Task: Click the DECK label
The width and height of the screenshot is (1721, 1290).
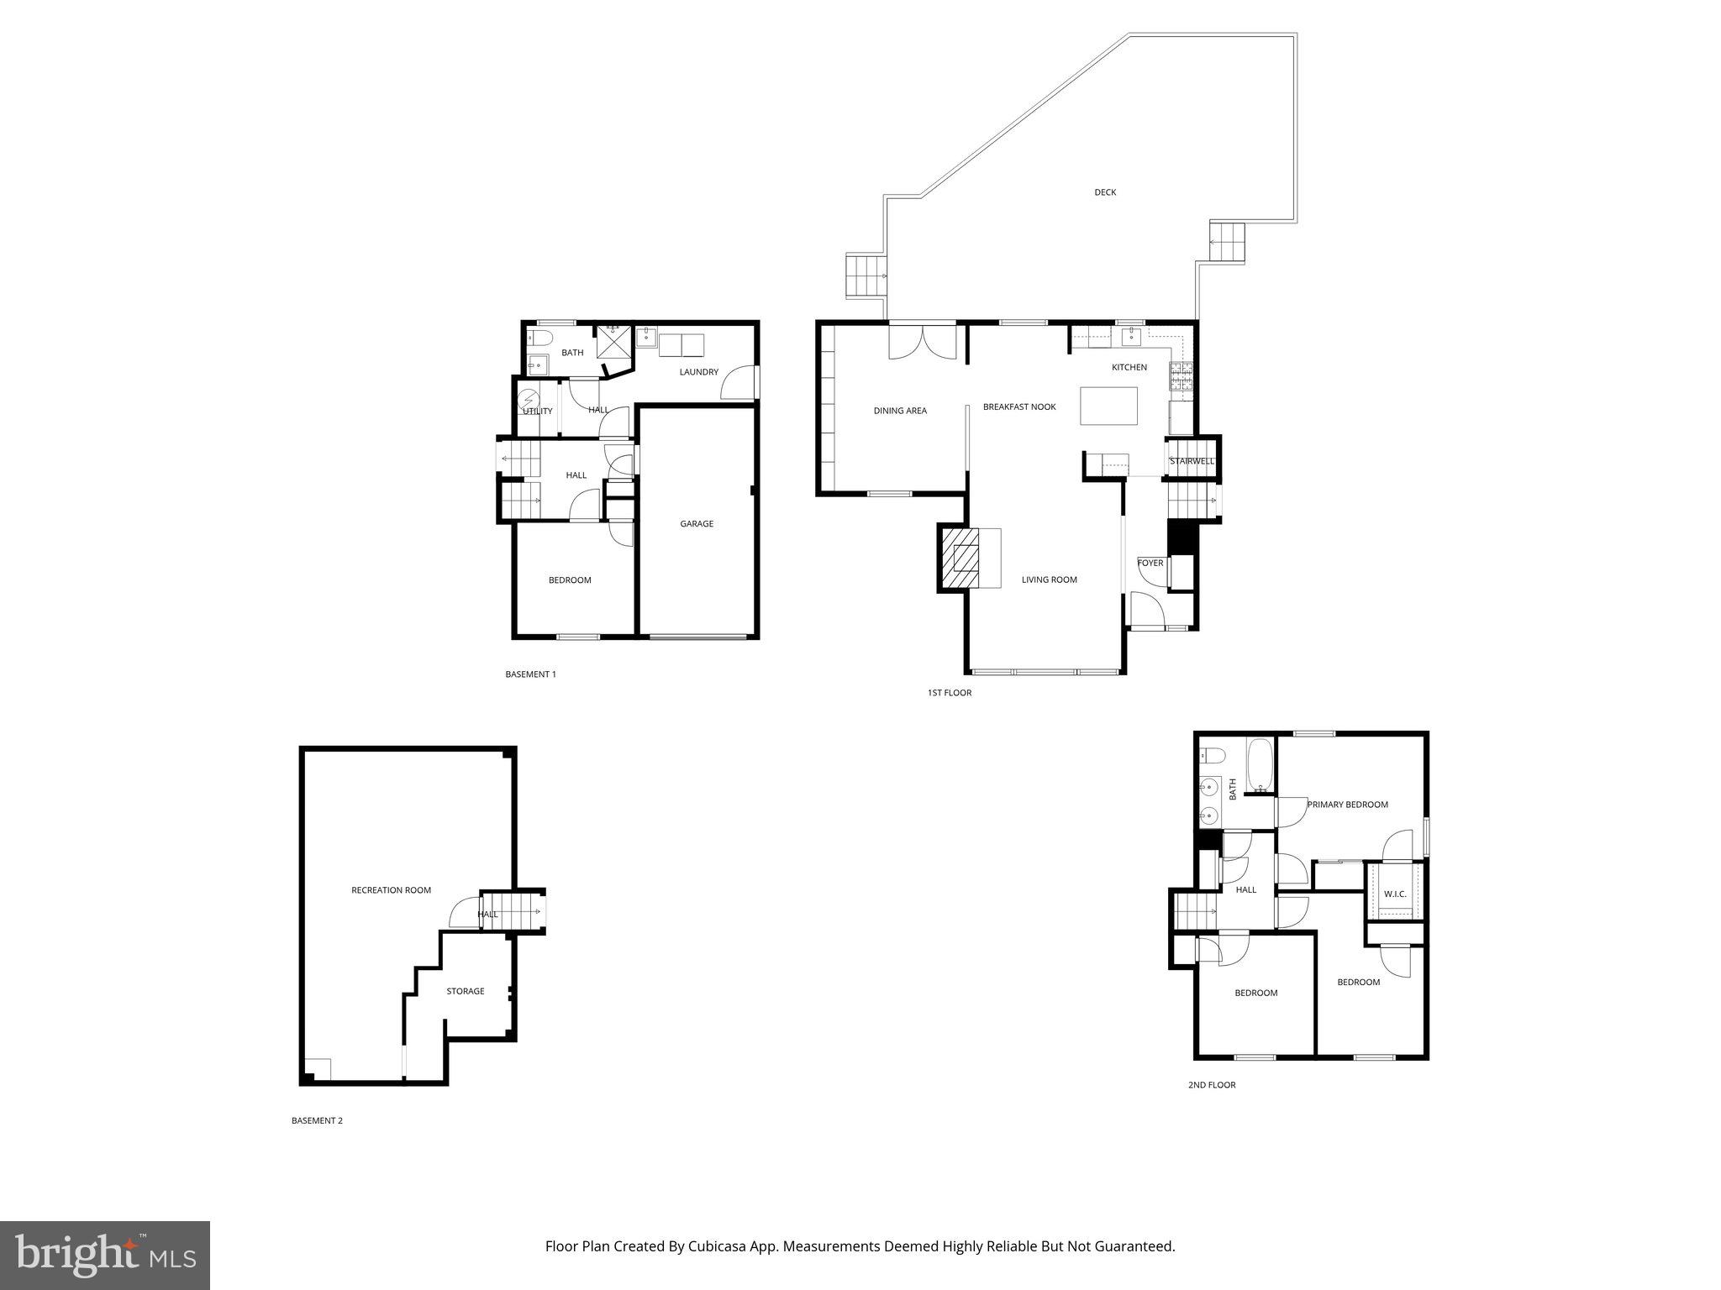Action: coord(1105,192)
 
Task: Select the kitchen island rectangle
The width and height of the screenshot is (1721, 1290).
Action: coord(1108,406)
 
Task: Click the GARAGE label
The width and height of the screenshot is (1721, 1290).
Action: coord(697,524)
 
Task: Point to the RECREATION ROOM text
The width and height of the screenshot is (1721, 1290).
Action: coord(391,890)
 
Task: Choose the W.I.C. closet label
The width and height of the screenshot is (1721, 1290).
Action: coord(1395,894)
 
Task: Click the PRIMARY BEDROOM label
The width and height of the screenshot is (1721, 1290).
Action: coord(1347,805)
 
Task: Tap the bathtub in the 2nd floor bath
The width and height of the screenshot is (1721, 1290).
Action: coord(1260,765)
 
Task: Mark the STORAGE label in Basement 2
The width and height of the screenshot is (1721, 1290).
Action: coord(465,991)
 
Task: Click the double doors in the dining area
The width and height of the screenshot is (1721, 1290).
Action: coord(923,343)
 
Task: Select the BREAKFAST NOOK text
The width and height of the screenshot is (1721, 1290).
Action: coord(1019,406)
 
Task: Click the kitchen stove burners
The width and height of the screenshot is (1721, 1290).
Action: coord(1181,377)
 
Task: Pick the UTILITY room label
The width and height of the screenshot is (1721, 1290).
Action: coord(538,411)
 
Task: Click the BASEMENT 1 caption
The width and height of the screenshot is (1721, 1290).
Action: coord(530,674)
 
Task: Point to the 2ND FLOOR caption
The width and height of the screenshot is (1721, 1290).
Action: coord(1211,1085)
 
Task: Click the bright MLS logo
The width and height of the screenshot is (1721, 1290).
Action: coord(105,1256)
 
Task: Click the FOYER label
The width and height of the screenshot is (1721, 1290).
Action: coord(1150,563)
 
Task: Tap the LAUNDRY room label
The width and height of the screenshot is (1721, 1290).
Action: coord(698,372)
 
